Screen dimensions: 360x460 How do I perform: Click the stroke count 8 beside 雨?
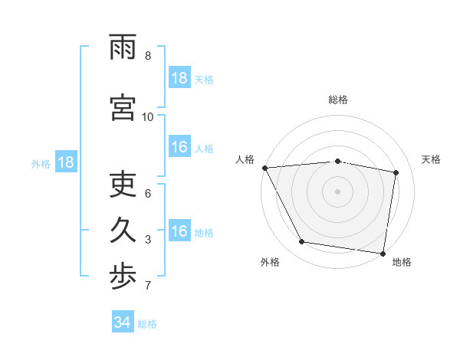(x=148, y=56)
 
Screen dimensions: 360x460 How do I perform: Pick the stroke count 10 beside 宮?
(x=148, y=117)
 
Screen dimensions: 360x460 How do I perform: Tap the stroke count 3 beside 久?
(x=148, y=241)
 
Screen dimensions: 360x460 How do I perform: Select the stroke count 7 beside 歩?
(x=148, y=286)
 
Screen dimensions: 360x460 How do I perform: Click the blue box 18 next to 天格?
(x=179, y=77)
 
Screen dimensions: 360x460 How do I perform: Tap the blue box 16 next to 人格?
(x=179, y=147)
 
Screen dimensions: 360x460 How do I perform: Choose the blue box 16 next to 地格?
(x=179, y=231)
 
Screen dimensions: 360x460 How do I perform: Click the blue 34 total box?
(x=123, y=322)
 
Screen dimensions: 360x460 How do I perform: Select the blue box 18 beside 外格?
(x=65, y=162)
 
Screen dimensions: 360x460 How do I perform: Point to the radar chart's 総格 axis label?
(x=338, y=100)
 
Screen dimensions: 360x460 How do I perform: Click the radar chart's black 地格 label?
(x=402, y=262)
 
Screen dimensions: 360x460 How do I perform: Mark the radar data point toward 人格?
(x=264, y=167)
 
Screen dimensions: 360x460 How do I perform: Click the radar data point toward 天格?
(x=396, y=172)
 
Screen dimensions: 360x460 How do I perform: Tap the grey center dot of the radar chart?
(x=338, y=191)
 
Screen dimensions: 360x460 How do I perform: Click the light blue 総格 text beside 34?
(x=147, y=324)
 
